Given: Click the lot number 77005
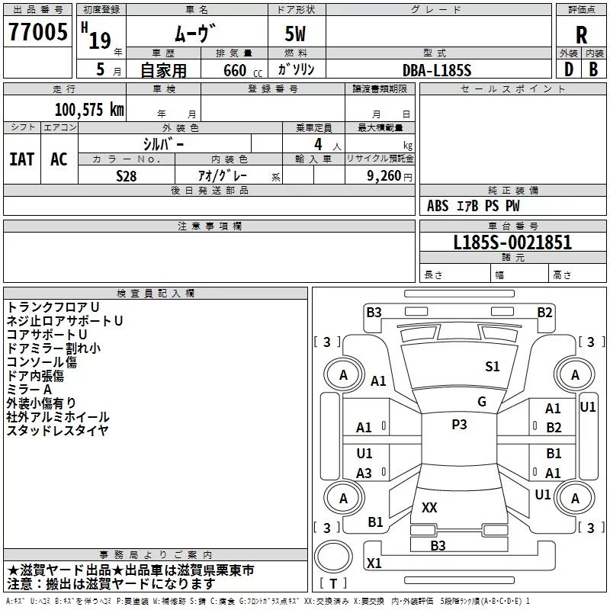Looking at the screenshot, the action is [37, 31].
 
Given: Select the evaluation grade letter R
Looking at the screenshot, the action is [581, 35].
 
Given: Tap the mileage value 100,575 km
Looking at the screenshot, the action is [89, 110].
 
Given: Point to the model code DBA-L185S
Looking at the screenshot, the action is [436, 70].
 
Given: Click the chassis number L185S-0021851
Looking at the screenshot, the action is [512, 242].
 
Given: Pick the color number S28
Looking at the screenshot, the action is [126, 176].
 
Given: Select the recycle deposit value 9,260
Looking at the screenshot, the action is [384, 176].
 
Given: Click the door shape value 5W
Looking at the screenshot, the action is [295, 34].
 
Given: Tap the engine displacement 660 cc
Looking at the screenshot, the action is [242, 70].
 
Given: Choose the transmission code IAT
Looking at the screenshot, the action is [22, 159].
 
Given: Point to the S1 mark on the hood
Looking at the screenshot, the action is [492, 367].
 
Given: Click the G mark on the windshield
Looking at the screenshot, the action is [482, 402].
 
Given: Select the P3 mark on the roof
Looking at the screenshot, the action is [459, 425].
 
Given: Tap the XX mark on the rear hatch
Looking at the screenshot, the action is [429, 507].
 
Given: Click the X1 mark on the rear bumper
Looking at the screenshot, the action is [374, 563].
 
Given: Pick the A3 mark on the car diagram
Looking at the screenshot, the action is [364, 473].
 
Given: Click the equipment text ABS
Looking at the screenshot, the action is [438, 206].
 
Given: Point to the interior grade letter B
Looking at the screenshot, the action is [593, 69].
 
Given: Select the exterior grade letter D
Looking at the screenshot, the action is [569, 69].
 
